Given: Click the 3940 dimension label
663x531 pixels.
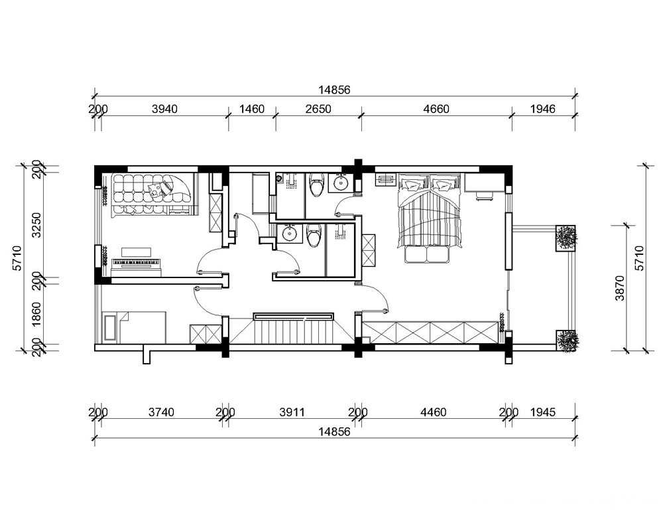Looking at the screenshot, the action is (164, 110).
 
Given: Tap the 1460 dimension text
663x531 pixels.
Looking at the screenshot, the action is (251, 110).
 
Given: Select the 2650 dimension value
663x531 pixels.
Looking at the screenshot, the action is (318, 110).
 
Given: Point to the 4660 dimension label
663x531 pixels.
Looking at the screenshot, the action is (436, 110).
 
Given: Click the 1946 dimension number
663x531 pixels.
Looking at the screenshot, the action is (542, 110).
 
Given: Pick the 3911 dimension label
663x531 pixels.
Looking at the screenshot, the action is (292, 412).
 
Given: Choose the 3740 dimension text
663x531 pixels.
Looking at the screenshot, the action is (161, 412).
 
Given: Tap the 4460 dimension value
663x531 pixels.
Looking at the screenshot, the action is (434, 412).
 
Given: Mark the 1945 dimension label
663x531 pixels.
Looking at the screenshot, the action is (542, 412).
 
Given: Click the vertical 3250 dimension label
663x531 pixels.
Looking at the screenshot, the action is (37, 225).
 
